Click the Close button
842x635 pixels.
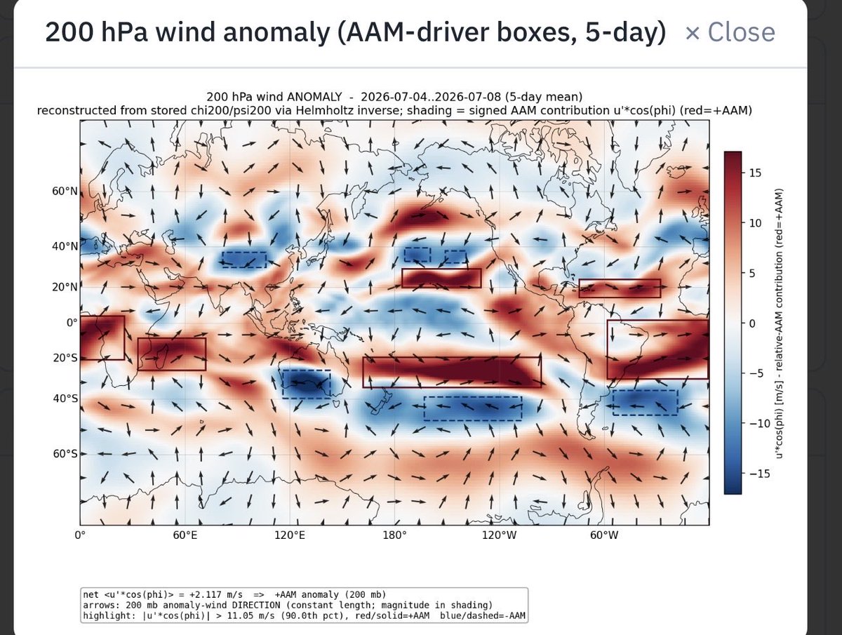[730, 32]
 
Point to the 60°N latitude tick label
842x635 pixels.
[65, 191]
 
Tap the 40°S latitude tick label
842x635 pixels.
[65, 399]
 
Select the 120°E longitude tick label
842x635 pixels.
[290, 535]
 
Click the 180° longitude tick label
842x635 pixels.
[395, 535]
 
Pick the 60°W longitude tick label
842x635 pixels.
[604, 535]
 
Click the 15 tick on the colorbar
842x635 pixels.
[755, 173]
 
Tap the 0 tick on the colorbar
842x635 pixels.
[752, 323]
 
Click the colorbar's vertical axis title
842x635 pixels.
[778, 323]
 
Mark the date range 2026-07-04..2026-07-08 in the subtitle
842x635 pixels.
[431, 97]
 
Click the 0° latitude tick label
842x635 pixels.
[72, 323]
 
